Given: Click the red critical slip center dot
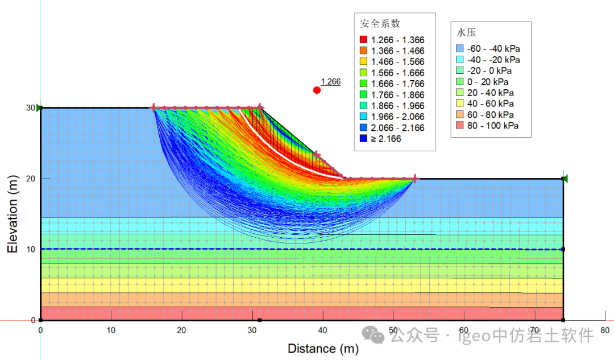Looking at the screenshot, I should coord(317,90).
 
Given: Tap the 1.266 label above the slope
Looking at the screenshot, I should coord(330,82).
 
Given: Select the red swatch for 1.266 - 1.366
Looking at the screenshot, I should coord(363,40).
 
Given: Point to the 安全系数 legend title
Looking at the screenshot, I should coord(380,24).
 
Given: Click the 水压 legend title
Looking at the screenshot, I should coord(465,32).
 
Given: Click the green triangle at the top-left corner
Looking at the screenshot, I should coord(39,107).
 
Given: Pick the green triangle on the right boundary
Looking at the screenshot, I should coord(565,179).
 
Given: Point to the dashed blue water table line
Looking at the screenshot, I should coord(171,249).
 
